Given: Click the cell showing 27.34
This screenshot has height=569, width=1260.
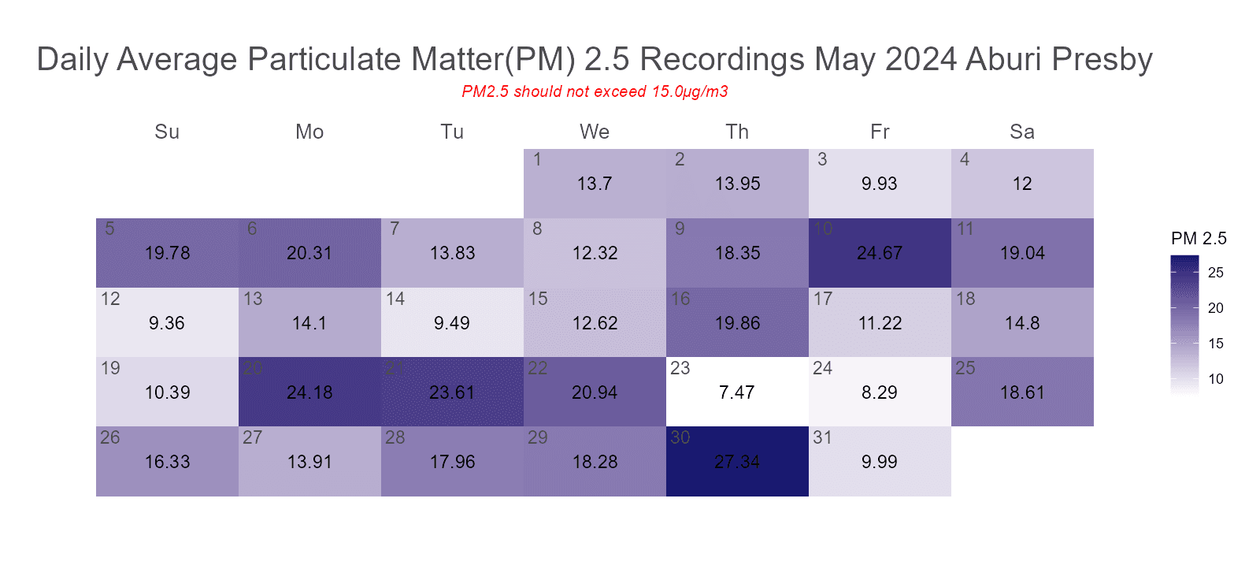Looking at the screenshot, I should click(737, 462).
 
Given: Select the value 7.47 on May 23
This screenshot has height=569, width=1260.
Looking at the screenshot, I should click(737, 392).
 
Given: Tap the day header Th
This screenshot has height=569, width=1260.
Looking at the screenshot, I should click(737, 132).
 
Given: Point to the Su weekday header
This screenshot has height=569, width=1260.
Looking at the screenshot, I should click(167, 132).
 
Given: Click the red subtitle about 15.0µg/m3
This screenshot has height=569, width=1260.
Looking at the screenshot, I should click(595, 91).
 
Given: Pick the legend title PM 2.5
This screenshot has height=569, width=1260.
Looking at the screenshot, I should click(1199, 238).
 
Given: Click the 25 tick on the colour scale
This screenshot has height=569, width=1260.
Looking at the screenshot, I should click(1216, 273).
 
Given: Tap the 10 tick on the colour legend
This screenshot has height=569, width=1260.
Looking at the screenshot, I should click(1216, 379).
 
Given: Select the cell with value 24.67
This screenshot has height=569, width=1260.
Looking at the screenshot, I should click(880, 253).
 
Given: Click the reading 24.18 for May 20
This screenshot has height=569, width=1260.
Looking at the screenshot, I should click(309, 392).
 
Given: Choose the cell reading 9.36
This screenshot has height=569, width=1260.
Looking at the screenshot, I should click(167, 323).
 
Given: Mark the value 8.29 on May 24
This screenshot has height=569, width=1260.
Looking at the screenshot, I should click(880, 392).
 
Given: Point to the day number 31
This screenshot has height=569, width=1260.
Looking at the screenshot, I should click(822, 437).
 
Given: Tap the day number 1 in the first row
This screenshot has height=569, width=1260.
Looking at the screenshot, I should click(537, 159).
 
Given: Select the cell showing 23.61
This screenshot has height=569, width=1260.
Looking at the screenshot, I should click(452, 392).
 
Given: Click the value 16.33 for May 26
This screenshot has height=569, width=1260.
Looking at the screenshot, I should click(167, 462).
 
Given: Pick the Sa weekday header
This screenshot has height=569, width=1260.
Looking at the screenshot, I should click(1022, 132).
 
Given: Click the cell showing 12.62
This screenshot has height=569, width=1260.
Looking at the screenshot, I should click(595, 323).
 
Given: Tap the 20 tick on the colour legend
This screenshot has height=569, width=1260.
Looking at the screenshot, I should click(1216, 308).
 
